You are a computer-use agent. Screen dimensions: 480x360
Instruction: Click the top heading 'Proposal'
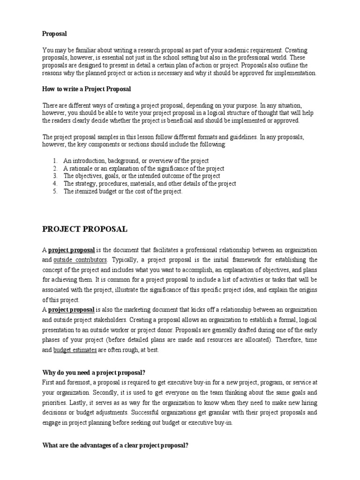coord(55,34)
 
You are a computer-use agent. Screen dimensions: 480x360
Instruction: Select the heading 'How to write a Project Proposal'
coord(87,89)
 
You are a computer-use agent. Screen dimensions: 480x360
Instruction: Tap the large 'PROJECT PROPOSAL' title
coord(85,229)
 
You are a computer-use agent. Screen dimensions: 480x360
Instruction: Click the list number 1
coord(54,161)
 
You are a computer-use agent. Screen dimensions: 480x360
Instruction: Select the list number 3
coord(54,176)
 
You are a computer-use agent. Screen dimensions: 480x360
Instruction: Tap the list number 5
coord(54,191)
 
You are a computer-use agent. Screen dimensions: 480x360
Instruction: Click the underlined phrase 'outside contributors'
coord(80,260)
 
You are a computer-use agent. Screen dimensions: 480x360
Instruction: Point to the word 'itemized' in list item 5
coord(86,191)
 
